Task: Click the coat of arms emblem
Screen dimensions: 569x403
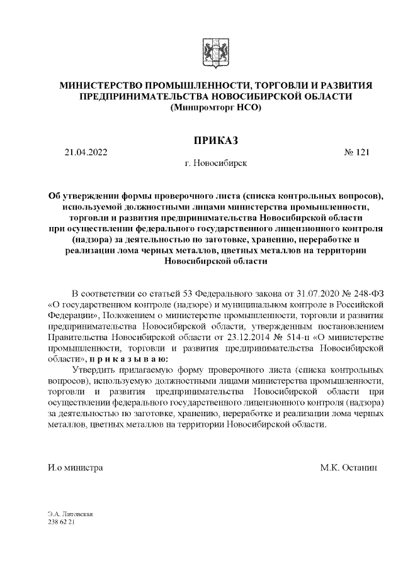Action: pyautogui.click(x=210, y=51)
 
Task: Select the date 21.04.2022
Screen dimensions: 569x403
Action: pyautogui.click(x=86, y=152)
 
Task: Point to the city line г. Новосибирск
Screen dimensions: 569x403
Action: pyautogui.click(x=215, y=163)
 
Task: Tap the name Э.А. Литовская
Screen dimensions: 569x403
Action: pyautogui.click(x=71, y=514)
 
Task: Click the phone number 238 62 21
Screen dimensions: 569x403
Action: pyautogui.click(x=62, y=522)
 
